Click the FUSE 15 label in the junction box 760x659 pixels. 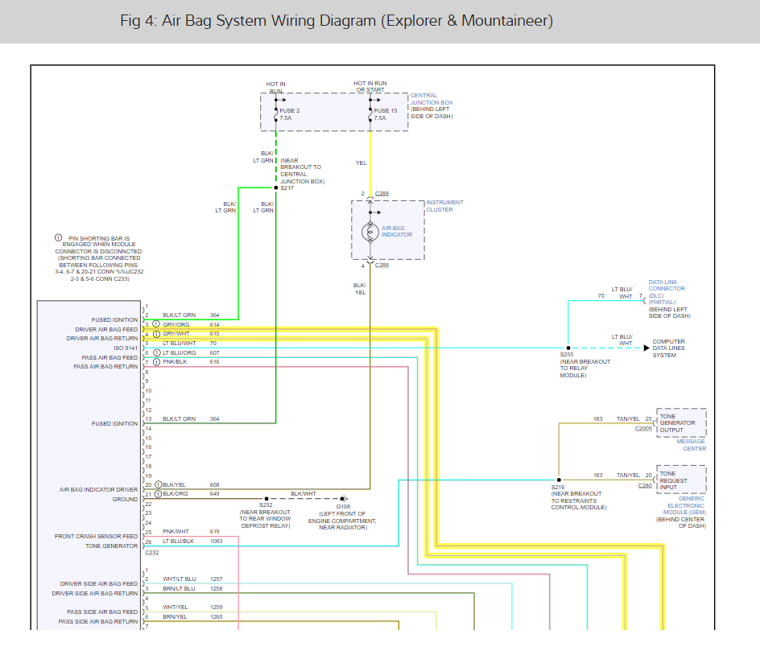pos(385,110)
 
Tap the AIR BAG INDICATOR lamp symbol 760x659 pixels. pos(370,232)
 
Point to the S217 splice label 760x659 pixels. pos(287,188)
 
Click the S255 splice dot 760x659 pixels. pos(568,348)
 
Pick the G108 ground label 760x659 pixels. pos(343,506)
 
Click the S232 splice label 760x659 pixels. pos(266,506)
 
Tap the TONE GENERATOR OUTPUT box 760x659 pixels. pos(681,423)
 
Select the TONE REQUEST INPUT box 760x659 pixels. pos(681,480)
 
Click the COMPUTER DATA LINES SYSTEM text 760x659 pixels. pos(668,348)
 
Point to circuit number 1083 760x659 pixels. pos(216,541)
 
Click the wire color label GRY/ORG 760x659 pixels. pos(176,324)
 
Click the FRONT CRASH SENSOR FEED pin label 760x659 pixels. pos(96,536)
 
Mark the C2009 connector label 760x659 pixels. pos(643,429)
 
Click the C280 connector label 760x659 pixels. pos(645,485)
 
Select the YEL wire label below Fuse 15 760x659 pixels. pos(361,163)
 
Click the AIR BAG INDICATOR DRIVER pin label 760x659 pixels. pos(98,489)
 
